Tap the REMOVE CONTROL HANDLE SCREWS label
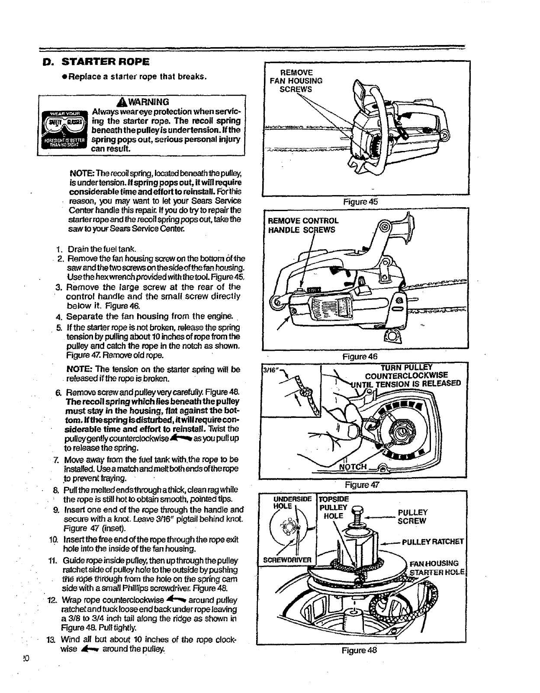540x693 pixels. (303, 225)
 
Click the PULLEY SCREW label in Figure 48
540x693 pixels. (412, 517)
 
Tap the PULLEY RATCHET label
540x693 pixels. (433, 542)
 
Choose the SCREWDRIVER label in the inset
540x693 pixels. (288, 559)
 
